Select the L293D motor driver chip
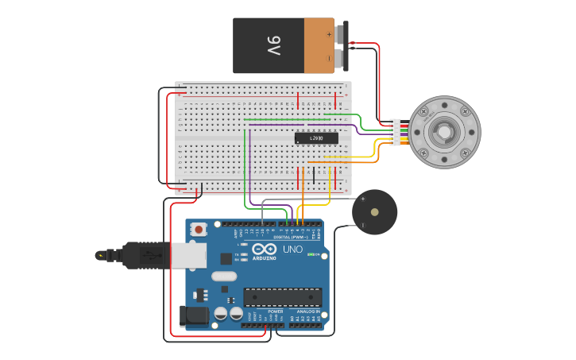316,138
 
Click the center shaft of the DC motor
444,132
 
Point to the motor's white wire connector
395,132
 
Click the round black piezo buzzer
374,212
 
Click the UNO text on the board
292,249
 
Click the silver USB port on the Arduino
189,255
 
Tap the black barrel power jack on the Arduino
193,316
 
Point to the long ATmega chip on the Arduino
282,297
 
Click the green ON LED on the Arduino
312,255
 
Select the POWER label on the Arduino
275,312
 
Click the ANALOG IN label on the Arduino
307,312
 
